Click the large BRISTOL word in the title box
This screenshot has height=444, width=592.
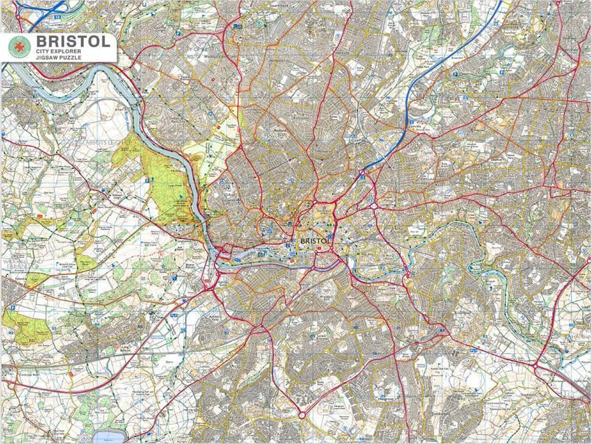pos(73,41)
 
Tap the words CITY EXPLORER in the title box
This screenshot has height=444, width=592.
pos(59,51)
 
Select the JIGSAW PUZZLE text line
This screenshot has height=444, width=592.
pos(58,58)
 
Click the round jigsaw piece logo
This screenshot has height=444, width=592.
pos(19,47)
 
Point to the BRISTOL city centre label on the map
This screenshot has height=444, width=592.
pos(314,241)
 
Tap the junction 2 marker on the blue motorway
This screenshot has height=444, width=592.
pos(410,121)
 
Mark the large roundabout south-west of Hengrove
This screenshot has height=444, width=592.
pos(301,415)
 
